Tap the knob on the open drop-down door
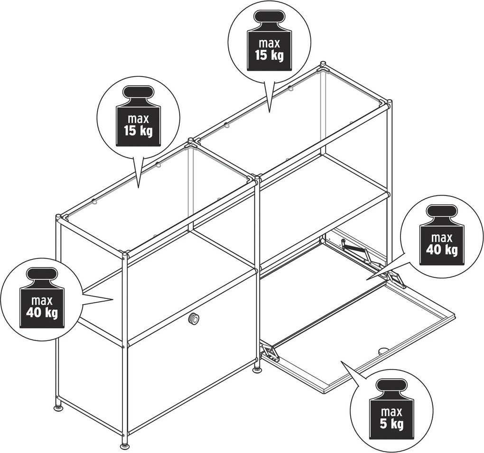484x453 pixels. (383, 350)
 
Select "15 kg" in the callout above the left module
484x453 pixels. (139, 131)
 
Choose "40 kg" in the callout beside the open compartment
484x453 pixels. (442, 249)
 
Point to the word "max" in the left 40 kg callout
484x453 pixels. (42, 301)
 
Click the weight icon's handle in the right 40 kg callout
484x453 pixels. (441, 213)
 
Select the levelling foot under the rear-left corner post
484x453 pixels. (58, 408)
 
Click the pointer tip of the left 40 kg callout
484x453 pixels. (114, 299)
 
